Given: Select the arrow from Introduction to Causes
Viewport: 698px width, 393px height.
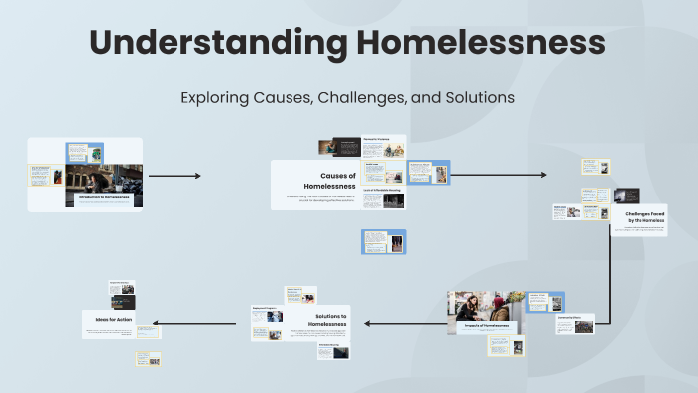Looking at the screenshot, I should click(x=174, y=176).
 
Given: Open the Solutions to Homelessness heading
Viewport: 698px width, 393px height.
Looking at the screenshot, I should click(x=327, y=320).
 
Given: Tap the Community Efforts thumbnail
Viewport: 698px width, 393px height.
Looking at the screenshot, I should click(x=584, y=325).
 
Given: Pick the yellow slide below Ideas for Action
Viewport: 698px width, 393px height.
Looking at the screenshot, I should click(x=148, y=358).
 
